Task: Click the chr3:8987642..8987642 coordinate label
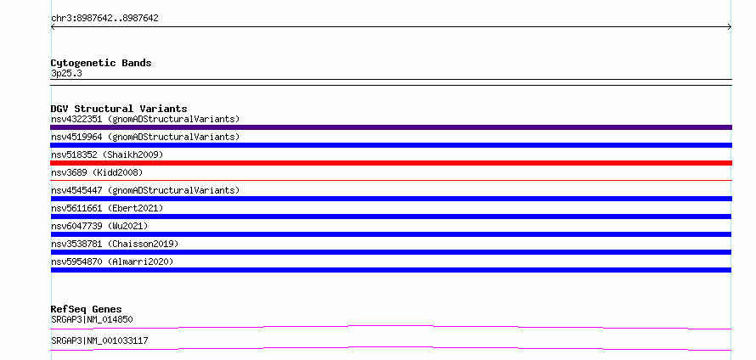[x=104, y=19]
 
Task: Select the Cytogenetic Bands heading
[x=101, y=63]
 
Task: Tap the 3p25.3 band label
[x=66, y=74]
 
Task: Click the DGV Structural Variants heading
[x=119, y=109]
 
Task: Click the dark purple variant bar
[x=391, y=127]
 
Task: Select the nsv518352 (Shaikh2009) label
[x=107, y=155]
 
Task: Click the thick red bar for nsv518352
[x=391, y=163]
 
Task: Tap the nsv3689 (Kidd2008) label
[x=97, y=172]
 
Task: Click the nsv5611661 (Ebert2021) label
[x=107, y=208]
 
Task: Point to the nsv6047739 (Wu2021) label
[x=99, y=226]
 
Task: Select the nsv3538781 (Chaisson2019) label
[x=115, y=244]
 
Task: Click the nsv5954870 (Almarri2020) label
[x=112, y=262]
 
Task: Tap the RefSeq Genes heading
[x=87, y=309]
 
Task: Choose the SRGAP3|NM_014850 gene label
[x=92, y=319]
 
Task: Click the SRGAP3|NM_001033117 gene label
[x=99, y=340]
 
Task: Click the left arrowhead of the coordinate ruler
[x=52, y=27]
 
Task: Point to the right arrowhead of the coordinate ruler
[x=731, y=27]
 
